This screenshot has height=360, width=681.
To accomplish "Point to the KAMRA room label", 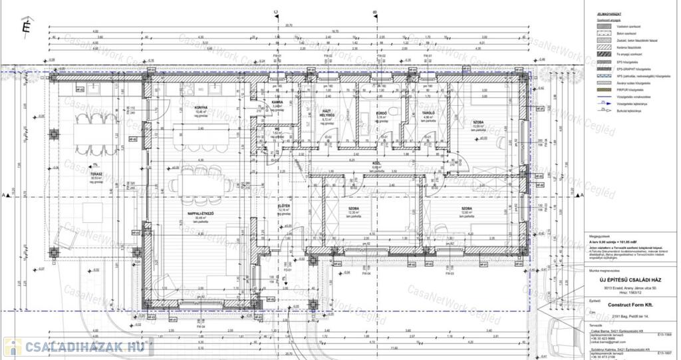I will [277, 102].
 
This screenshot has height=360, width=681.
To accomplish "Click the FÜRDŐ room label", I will [382, 114].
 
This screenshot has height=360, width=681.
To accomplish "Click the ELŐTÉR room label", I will [283, 206].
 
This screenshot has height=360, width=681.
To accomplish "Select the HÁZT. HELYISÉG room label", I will [326, 113].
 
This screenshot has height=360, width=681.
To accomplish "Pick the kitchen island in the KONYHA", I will [196, 136].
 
